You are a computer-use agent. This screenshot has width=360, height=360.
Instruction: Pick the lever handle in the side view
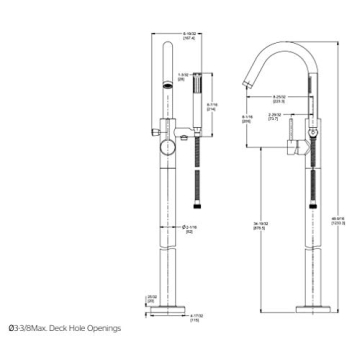pyautogui.click(x=313, y=131)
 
